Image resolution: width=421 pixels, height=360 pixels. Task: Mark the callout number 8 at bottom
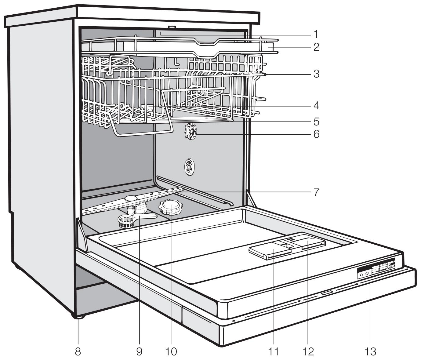click(78, 351)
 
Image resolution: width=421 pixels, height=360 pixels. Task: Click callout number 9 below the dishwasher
click(139, 351)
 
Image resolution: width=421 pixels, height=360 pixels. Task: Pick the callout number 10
click(171, 351)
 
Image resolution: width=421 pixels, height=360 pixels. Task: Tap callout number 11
click(274, 351)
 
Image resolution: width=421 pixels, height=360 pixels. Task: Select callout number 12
click(308, 351)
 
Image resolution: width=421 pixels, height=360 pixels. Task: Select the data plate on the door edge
click(376, 269)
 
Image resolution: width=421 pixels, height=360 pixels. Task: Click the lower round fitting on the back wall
click(189, 167)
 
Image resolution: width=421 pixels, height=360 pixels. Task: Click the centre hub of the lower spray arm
click(131, 199)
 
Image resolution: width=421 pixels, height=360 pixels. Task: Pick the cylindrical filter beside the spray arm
click(125, 221)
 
